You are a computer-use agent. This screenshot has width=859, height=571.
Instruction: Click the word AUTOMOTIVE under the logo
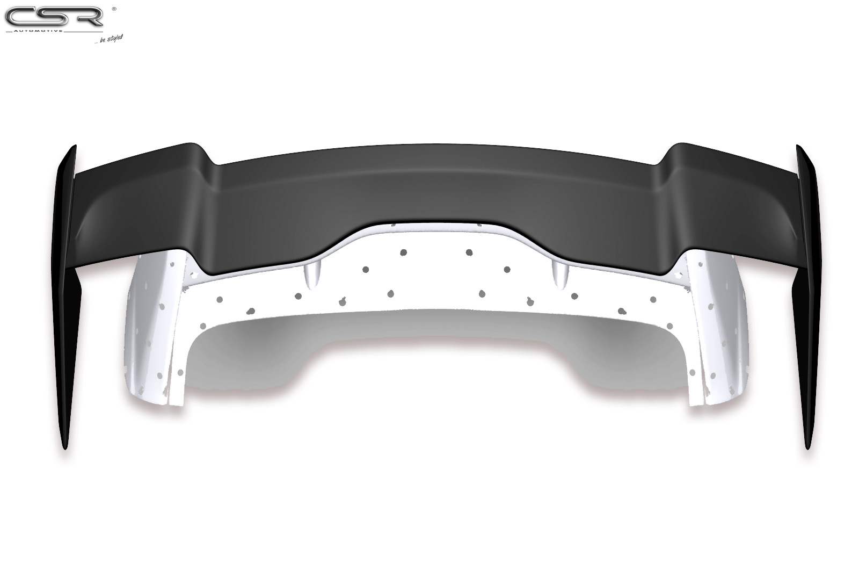38,31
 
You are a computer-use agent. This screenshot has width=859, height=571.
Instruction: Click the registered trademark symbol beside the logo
114,9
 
